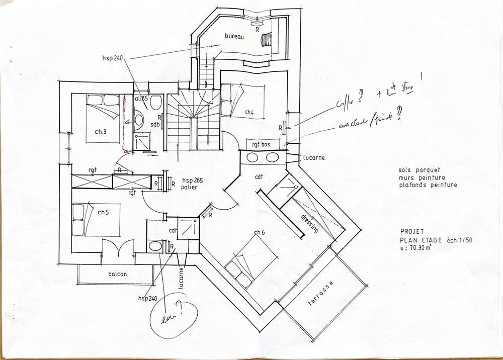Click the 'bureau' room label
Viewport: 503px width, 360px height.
click(x=234, y=37)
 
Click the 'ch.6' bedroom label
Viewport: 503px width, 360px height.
click(x=260, y=232)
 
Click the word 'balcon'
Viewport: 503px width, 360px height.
click(x=117, y=275)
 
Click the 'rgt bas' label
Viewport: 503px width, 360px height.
click(x=261, y=145)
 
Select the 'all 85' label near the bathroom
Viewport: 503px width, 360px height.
click(x=141, y=99)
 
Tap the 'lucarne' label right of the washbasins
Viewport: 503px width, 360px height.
click(x=314, y=157)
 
